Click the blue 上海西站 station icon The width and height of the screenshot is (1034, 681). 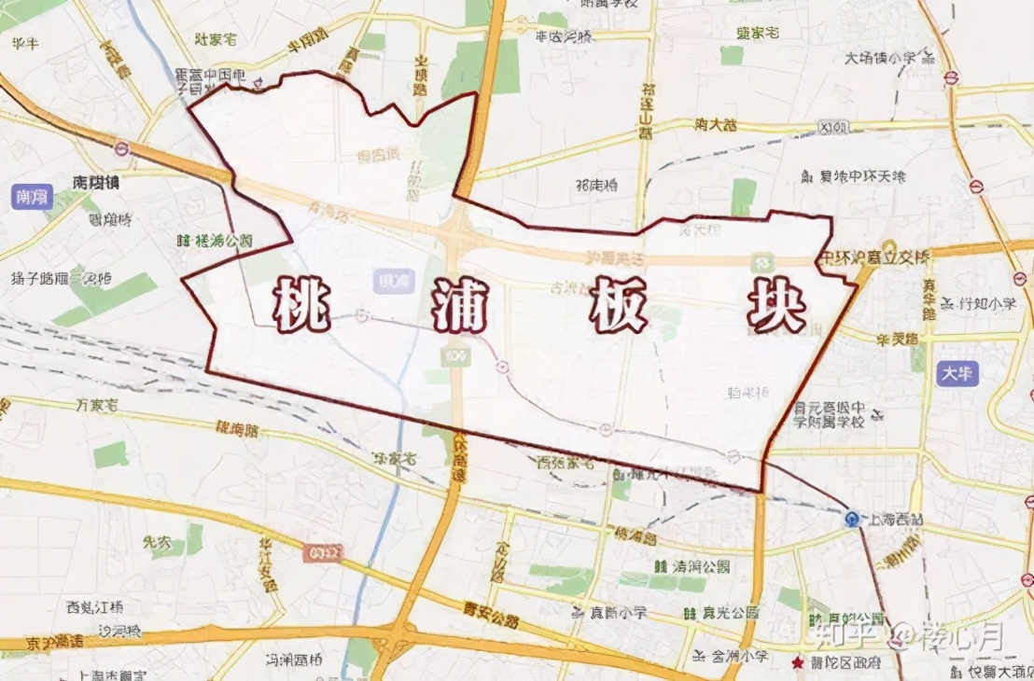tap(852, 520)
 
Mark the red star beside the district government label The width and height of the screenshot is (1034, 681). tap(797, 662)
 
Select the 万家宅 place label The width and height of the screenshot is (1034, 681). tap(97, 405)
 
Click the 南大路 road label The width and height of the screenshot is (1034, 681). tap(717, 124)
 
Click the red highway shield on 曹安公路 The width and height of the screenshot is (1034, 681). tap(314, 554)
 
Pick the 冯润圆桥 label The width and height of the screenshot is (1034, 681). tap(294, 660)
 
